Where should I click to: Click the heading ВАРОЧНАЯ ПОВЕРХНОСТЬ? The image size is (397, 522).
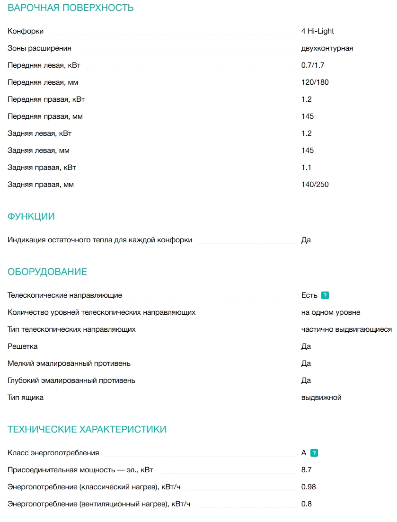(71, 8)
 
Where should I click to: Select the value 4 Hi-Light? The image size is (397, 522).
(318, 31)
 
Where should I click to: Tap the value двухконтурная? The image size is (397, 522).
(327, 48)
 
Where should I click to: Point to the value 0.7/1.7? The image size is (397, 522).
(313, 65)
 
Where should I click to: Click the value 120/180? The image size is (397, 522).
(315, 82)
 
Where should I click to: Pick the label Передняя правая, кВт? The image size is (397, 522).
(46, 99)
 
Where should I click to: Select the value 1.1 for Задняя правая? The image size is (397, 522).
(306, 168)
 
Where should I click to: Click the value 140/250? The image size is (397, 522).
(315, 185)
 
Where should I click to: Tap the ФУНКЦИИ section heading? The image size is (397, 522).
(31, 217)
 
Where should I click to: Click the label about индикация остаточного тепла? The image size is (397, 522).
(100, 240)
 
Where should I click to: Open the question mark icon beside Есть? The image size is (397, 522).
(325, 295)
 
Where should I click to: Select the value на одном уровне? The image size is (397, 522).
(331, 312)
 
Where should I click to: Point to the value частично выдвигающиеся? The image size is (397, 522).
(346, 329)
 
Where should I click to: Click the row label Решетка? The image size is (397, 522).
(23, 346)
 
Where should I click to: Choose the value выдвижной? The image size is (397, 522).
(321, 398)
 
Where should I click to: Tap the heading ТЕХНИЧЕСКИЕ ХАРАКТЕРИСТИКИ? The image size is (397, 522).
(87, 430)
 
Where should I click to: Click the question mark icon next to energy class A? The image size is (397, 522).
(314, 453)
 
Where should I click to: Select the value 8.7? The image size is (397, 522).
(306, 470)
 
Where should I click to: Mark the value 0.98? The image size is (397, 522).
(309, 487)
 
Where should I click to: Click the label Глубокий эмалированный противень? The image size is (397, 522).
(71, 380)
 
